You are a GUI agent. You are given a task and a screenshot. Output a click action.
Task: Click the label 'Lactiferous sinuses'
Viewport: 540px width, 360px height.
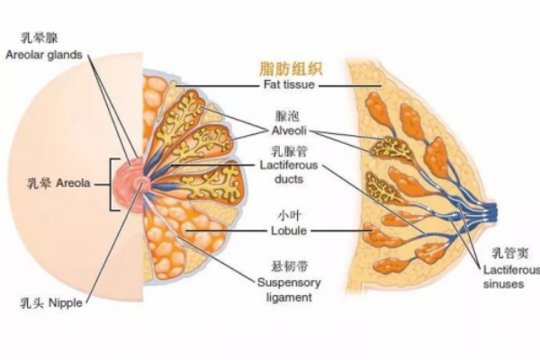click(x=512, y=275)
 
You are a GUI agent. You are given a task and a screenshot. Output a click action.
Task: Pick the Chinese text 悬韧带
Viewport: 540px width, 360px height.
click(x=289, y=268)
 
